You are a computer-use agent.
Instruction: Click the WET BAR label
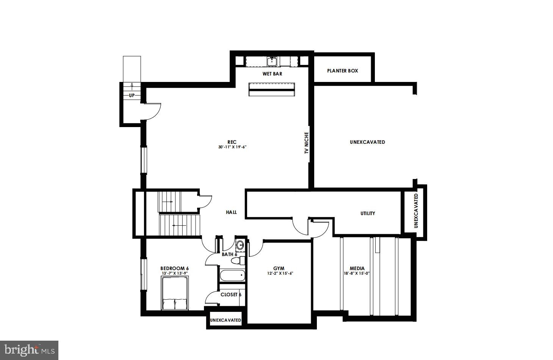(272, 74)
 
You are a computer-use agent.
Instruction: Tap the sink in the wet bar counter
(272, 61)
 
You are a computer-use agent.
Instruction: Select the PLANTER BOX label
(342, 71)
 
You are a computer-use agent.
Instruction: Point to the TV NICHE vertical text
(307, 143)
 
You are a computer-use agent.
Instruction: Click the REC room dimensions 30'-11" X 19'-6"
(232, 147)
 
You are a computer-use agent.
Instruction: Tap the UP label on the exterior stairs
(132, 95)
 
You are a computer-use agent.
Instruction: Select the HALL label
(231, 212)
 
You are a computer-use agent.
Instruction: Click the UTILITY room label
(367, 213)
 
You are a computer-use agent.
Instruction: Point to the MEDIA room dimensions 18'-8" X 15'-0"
(357, 273)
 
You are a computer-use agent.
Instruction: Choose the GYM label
(279, 268)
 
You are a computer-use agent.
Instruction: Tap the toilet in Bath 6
(237, 261)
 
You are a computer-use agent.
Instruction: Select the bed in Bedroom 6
(175, 293)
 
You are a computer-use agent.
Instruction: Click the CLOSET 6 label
(231, 294)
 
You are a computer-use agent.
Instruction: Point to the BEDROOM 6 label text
(174, 268)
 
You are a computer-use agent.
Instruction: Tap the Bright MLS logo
(29, 350)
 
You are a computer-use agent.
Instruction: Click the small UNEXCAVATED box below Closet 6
(226, 320)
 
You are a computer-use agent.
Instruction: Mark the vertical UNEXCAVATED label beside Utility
(416, 211)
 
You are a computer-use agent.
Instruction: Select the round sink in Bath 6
(240, 244)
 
